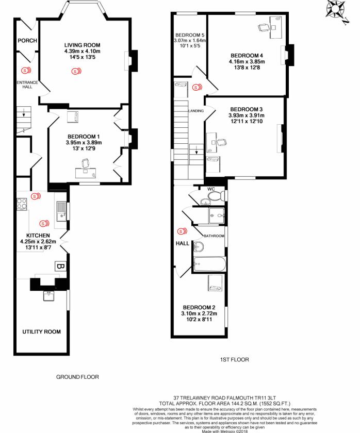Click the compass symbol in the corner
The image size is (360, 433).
tap(338, 10)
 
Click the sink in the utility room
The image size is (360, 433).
tap(50, 295)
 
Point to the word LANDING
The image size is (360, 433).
tap(196, 111)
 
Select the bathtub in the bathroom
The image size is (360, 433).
tap(209, 265)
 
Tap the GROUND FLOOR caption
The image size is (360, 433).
tap(77, 377)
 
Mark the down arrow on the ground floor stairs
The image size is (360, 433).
tap(22, 113)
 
